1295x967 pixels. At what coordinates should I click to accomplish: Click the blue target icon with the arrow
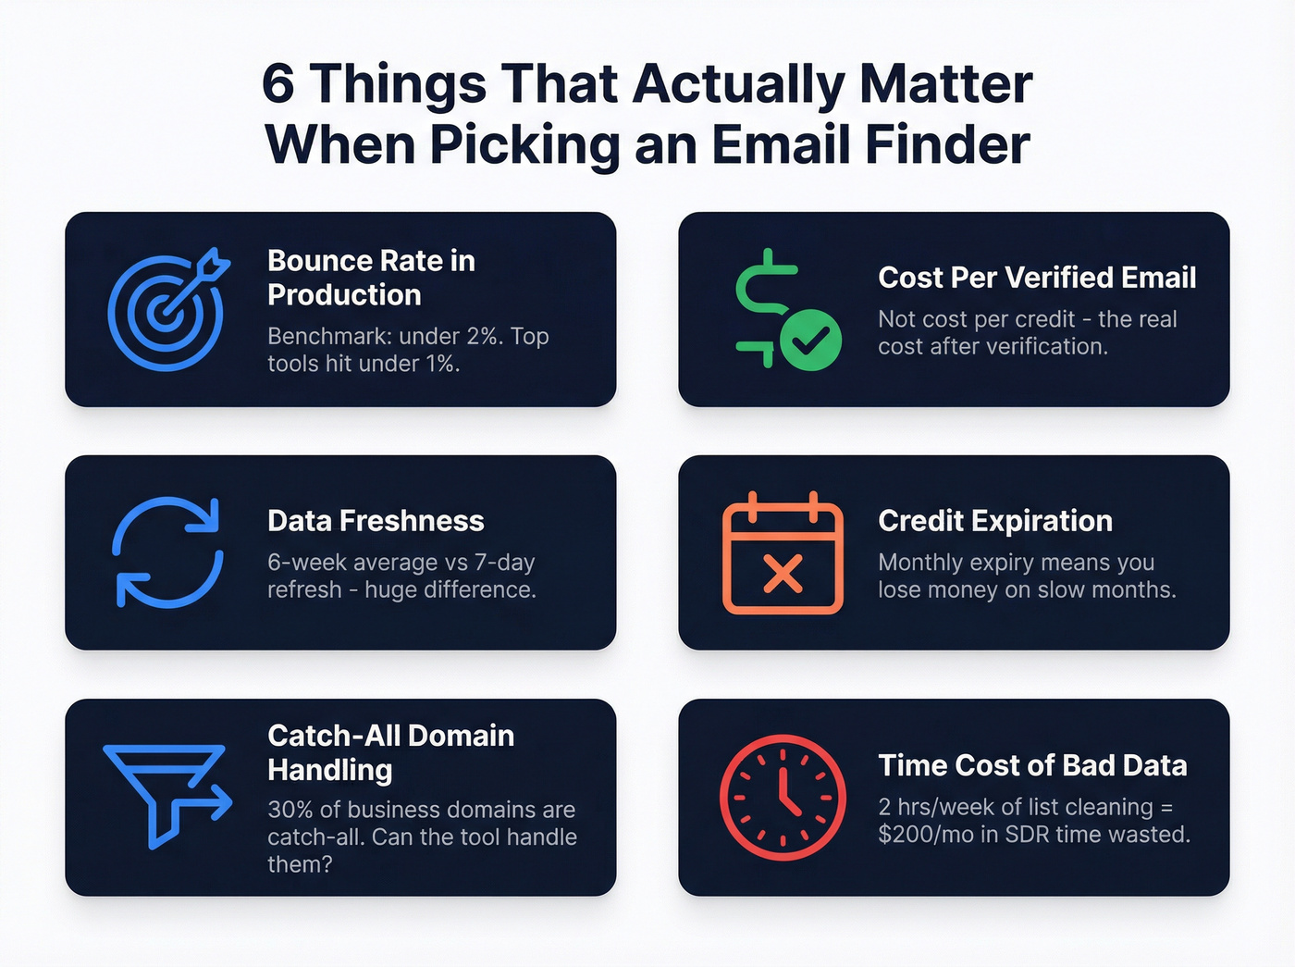coord(166,309)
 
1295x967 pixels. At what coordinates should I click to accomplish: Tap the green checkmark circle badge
coord(810,340)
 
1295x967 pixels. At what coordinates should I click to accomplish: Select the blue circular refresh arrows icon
coord(167,552)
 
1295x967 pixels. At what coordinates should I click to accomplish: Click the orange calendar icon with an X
coord(783,554)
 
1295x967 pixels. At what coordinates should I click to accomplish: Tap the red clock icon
coord(783,798)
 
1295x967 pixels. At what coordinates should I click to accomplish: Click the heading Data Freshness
coord(376,521)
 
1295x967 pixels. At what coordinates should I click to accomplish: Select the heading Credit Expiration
coord(995,521)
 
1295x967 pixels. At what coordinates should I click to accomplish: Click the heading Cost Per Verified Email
coord(1037,278)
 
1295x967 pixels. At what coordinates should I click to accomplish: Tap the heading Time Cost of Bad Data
coord(1032,765)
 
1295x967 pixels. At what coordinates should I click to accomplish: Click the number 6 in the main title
coord(278,84)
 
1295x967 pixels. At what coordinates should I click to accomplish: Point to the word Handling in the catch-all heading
coord(330,770)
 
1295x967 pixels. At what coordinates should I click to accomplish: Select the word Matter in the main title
coord(945,84)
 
